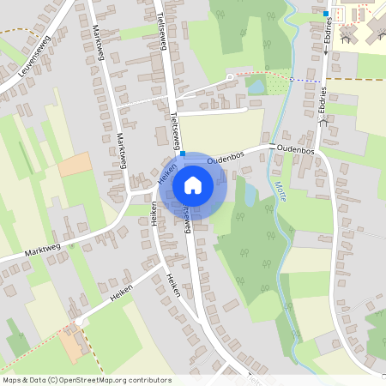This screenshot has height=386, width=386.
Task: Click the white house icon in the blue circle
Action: coord(193,184)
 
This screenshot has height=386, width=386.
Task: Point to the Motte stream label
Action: coord(278,184)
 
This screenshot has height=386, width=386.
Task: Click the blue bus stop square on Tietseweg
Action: coord(183,154)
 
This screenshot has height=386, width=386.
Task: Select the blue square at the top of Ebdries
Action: coord(326,15)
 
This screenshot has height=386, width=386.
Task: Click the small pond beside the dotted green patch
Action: coord(256,84)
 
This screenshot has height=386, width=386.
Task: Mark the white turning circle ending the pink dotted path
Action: coord(230,78)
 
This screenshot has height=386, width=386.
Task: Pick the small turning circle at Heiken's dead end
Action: coord(79,322)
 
